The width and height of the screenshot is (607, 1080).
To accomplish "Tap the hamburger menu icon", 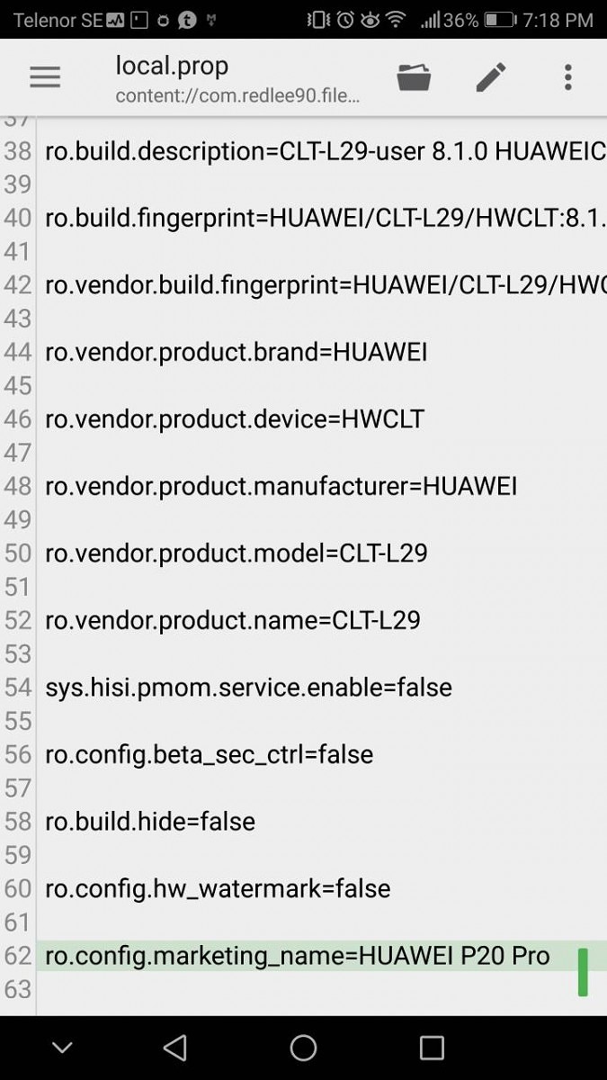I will click(45, 77).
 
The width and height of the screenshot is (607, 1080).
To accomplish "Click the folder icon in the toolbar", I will click(414, 77).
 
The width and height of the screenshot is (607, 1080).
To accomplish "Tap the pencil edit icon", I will click(490, 77).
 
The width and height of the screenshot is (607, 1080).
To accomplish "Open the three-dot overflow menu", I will click(567, 77).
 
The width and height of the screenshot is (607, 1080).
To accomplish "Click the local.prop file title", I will click(172, 66).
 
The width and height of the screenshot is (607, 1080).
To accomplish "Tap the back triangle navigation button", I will click(175, 1048).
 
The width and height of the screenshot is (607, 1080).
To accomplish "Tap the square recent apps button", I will click(433, 1048).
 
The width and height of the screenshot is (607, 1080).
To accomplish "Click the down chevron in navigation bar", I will click(61, 1048).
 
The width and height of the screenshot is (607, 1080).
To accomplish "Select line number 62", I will click(18, 956).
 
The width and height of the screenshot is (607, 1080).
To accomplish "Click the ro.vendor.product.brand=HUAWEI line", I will click(236, 352).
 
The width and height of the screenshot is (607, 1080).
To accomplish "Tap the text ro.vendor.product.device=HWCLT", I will click(234, 419).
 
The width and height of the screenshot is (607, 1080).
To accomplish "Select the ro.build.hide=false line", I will click(150, 822).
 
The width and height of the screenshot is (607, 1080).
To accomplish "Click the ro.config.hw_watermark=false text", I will click(218, 889).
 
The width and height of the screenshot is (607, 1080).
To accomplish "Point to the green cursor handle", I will click(583, 971).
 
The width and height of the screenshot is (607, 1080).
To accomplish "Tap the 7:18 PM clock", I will click(558, 20).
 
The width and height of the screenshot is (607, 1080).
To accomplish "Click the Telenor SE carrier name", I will click(58, 20).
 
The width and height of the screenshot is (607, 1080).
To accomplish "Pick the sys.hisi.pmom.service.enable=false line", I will click(248, 688).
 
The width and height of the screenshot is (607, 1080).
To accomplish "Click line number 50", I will click(18, 553).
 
